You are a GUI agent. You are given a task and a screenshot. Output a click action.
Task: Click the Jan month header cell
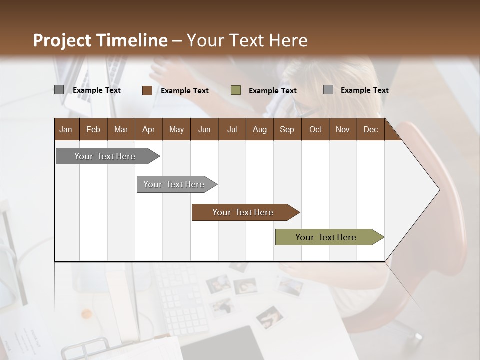[x=66, y=129]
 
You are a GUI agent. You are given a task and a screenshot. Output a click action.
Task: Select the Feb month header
[x=93, y=129]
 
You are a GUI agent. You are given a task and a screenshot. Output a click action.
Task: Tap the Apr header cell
[x=149, y=129]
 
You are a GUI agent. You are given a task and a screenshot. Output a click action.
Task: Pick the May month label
[x=176, y=129]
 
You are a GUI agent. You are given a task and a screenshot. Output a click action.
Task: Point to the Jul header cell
[x=232, y=129]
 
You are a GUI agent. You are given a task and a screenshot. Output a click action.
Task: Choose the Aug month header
[x=260, y=129]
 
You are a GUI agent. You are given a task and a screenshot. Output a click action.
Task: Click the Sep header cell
[x=287, y=129]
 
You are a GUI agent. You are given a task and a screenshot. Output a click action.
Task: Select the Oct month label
[x=315, y=129]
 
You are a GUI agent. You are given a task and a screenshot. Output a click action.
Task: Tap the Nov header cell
[x=343, y=129]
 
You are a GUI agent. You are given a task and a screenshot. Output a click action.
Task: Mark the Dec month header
[x=371, y=129]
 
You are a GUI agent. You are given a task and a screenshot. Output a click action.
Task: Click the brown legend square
[x=147, y=90]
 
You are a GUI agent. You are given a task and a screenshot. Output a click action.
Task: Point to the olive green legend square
[x=236, y=90]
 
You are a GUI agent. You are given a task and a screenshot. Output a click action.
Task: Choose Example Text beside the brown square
[x=185, y=91]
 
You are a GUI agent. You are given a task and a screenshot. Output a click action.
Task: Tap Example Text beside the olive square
[x=273, y=91]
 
